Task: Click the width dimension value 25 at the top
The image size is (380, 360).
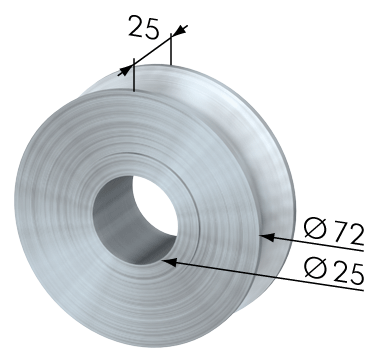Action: [144, 27]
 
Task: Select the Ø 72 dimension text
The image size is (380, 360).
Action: [334, 232]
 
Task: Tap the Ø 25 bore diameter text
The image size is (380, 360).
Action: [334, 272]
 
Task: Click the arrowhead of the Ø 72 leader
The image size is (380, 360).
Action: [267, 237]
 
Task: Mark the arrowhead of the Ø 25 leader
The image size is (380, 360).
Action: [169, 262]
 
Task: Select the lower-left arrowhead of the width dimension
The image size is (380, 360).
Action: [125, 71]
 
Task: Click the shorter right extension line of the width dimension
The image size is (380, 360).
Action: [171, 49]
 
